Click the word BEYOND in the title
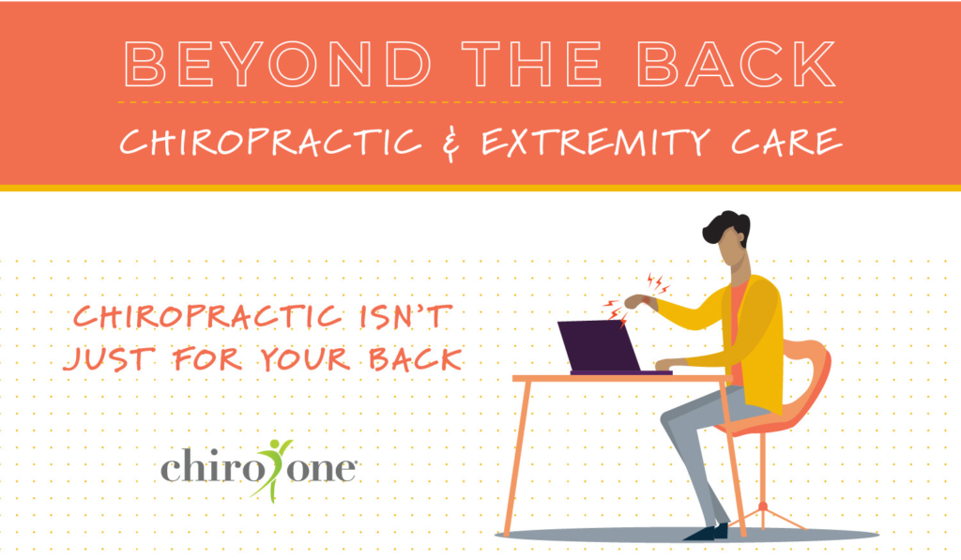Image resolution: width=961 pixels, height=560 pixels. [278, 64]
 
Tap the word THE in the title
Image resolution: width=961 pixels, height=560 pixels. [532, 64]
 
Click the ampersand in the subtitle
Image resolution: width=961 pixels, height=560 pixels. [451, 144]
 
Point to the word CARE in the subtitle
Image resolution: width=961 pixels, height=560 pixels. [787, 143]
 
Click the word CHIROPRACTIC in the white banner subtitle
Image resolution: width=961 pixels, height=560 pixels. [271, 143]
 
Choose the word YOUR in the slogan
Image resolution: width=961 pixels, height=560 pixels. [305, 358]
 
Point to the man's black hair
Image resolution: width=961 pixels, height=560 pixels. [727, 227]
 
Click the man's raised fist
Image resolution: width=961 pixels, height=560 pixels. [636, 302]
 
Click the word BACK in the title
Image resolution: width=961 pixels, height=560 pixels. [737, 64]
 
